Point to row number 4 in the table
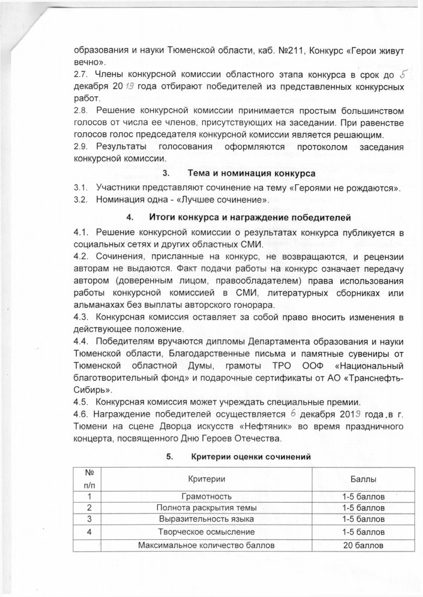[x=89, y=532]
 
